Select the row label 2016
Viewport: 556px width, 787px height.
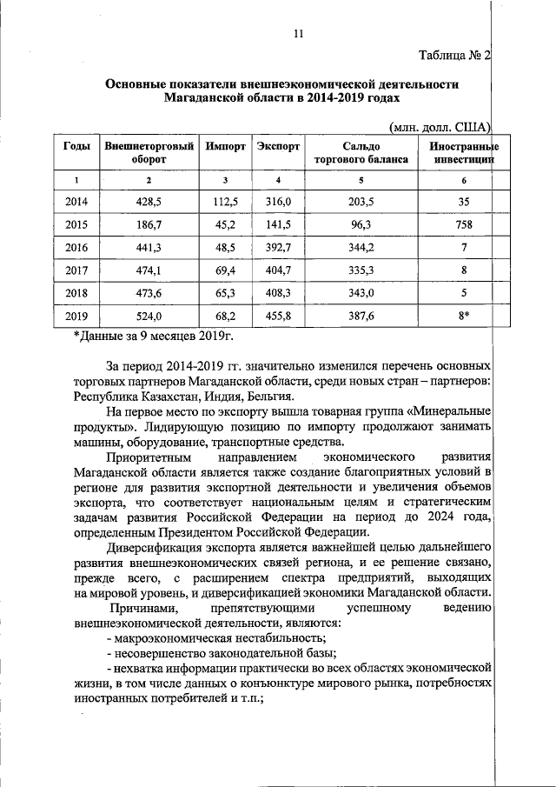coord(76,247)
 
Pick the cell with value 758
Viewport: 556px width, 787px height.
coord(464,224)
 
